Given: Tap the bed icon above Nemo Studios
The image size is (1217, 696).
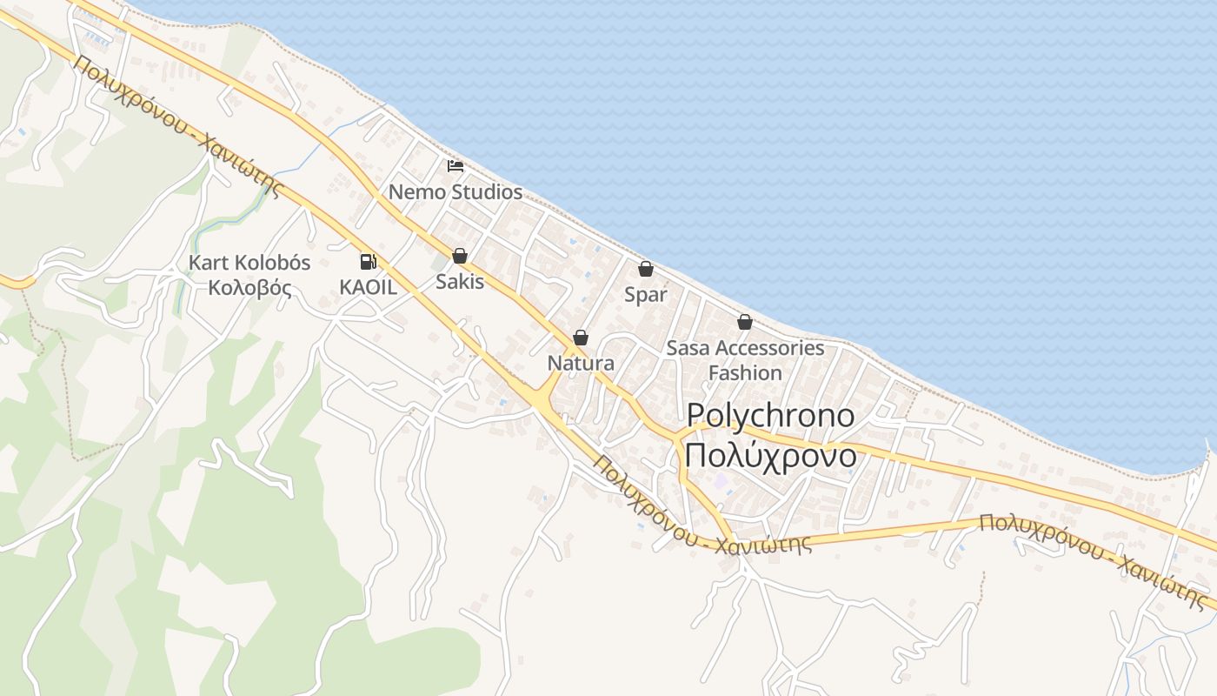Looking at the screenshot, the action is (x=456, y=165).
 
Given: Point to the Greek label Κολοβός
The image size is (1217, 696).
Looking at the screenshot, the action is (x=249, y=288).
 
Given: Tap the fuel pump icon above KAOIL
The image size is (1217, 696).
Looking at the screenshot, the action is (x=369, y=261).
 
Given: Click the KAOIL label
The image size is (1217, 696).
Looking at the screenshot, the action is (x=368, y=287).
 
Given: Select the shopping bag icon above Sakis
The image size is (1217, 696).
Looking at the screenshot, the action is (x=460, y=256).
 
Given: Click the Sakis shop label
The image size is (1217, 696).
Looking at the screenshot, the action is (x=460, y=281).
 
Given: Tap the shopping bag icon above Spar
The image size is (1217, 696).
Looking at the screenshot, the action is (x=645, y=269).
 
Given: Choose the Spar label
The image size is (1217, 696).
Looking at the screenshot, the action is (x=646, y=295).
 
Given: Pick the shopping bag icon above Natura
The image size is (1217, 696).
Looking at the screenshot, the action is (x=581, y=338).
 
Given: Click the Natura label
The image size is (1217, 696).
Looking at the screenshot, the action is (x=581, y=364).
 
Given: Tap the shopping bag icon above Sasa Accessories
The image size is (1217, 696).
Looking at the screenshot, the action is (x=745, y=322).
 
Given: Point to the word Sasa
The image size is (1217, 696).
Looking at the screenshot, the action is (x=688, y=348).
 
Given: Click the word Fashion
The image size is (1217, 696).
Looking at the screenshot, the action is (x=745, y=372).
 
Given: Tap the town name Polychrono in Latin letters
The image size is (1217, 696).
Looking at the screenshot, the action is (x=771, y=416).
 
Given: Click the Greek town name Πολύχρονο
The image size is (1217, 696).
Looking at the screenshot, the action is (x=770, y=455).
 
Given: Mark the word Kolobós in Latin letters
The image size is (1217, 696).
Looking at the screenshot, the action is (x=272, y=263).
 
